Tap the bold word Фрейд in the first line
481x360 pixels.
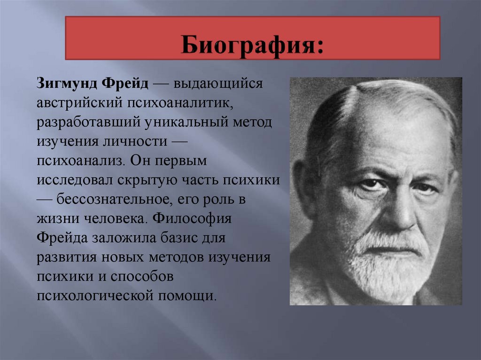[x=125, y=83]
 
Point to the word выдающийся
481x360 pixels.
[x=218, y=84]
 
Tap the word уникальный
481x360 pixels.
[x=186, y=123]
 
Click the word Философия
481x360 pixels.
[x=192, y=219]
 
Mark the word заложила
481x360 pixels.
[x=123, y=238]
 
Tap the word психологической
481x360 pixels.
[x=95, y=296]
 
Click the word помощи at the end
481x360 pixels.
[x=187, y=296]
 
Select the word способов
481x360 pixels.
[x=142, y=276]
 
